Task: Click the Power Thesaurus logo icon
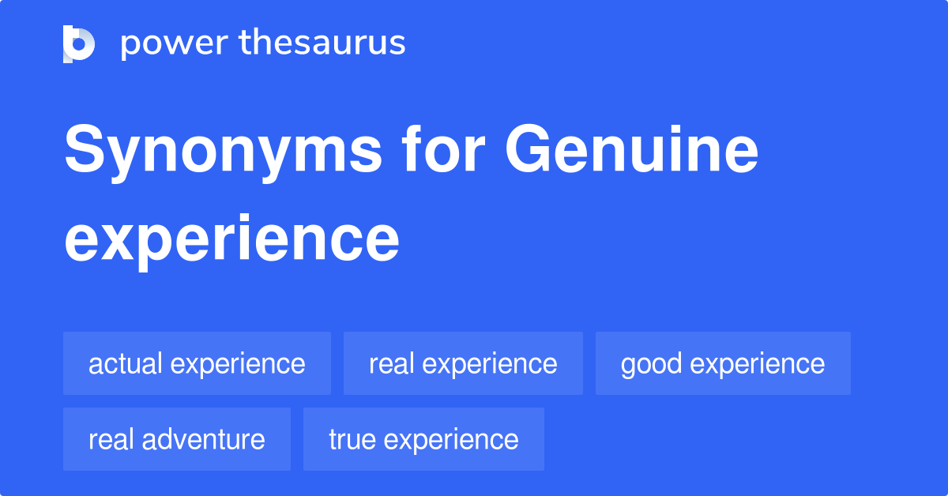pyautogui.click(x=79, y=43)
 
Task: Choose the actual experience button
pyautogui.click(x=197, y=363)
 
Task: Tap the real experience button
pyautogui.click(x=463, y=363)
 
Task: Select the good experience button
pyautogui.click(x=723, y=363)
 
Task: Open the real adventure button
pyautogui.click(x=177, y=439)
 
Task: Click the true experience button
pyautogui.click(x=423, y=439)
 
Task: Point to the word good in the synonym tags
pyautogui.click(x=652, y=364)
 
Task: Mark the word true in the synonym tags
pyautogui.click(x=352, y=439)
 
